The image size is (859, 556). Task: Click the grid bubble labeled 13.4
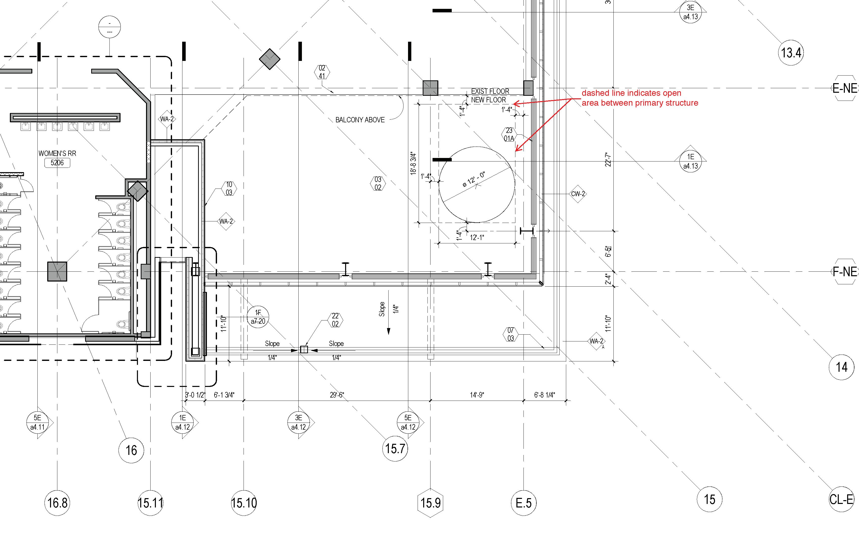click(x=791, y=53)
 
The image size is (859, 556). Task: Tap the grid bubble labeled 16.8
click(x=57, y=503)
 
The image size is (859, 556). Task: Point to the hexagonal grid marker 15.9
click(x=430, y=503)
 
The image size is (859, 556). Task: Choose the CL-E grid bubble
click(x=841, y=499)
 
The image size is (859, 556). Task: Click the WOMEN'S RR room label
click(x=57, y=153)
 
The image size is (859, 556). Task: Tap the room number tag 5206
click(x=57, y=163)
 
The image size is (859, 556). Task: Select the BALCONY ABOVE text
click(x=360, y=120)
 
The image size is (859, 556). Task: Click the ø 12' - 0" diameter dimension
click(x=474, y=179)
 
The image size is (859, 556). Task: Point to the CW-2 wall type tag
click(x=578, y=194)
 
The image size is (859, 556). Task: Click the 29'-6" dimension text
click(x=337, y=395)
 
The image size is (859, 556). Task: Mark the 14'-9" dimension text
click(x=477, y=395)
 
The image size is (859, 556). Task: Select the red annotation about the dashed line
click(x=639, y=98)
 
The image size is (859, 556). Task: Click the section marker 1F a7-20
click(x=258, y=317)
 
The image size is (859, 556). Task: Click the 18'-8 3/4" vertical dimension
click(x=413, y=164)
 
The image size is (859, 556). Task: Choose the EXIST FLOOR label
click(x=490, y=91)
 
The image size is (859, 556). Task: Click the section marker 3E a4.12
click(x=298, y=422)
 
